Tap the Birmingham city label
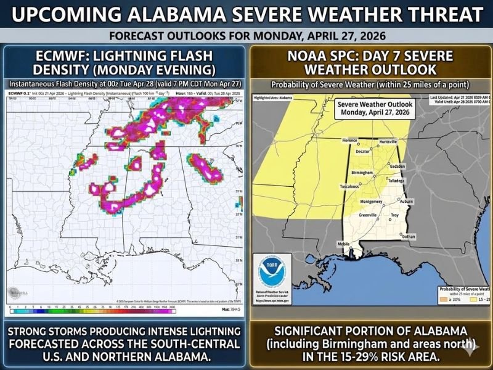pos(361,172)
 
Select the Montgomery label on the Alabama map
pos(372,202)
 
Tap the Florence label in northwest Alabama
pos(349,141)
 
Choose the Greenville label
pos(367,215)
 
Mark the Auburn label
pos(405,201)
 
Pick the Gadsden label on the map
pos(397,166)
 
